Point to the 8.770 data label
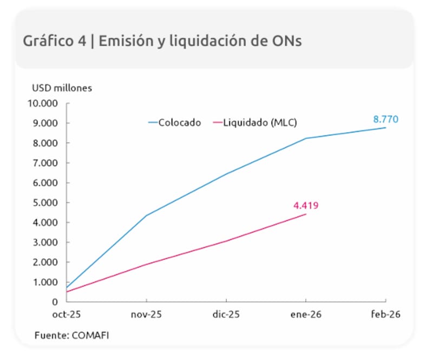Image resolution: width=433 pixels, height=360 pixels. pyautogui.click(x=385, y=119)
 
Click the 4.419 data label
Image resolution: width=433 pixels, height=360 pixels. pyautogui.click(x=306, y=205)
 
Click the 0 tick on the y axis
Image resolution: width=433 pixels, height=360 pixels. pyautogui.click(x=56, y=302)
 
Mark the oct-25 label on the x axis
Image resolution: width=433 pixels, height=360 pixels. pyautogui.click(x=67, y=315)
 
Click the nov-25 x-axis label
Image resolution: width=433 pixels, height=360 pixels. pyautogui.click(x=146, y=315)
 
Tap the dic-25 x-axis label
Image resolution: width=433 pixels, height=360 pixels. pyautogui.click(x=226, y=315)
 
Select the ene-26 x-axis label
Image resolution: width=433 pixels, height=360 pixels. pyautogui.click(x=306, y=315)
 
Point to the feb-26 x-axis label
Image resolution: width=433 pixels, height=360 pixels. pyautogui.click(x=385, y=315)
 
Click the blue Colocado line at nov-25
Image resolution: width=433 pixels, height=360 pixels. pyautogui.click(x=146, y=215)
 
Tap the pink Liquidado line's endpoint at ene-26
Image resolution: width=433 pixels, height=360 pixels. pyautogui.click(x=306, y=214)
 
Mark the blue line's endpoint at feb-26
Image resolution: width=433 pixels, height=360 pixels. pyautogui.click(x=385, y=128)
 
